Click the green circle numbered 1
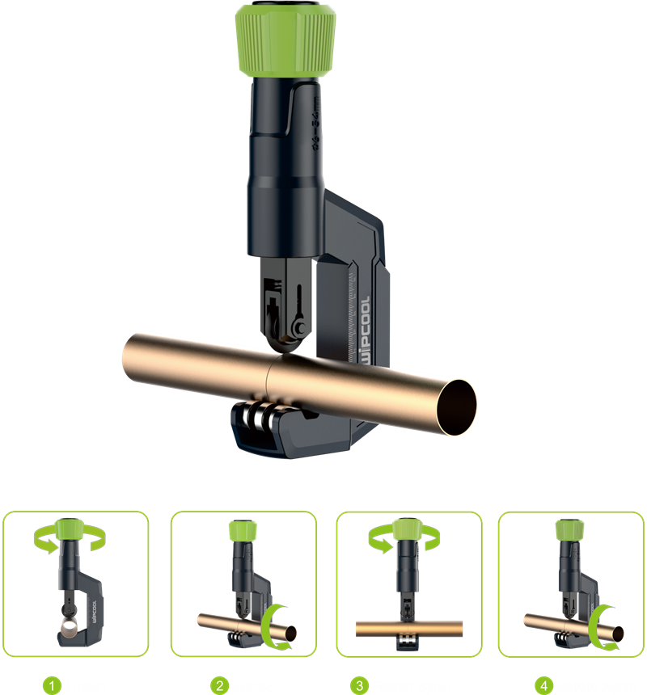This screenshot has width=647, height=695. coord(53,686)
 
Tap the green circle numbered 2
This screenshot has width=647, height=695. coord(219,686)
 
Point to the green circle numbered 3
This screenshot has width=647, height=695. coord(359,686)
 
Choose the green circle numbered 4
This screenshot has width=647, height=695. coord(544,686)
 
